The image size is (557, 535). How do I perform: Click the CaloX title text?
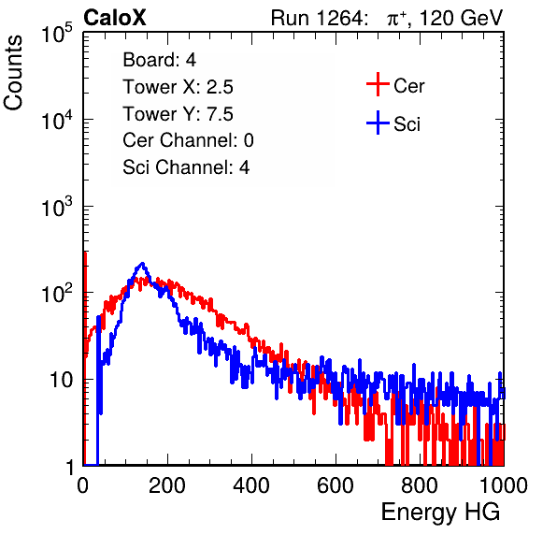(114, 18)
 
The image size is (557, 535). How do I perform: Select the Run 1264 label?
(318, 18)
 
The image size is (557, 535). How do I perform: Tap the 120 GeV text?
(462, 18)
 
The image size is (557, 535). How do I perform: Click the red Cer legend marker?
(378, 84)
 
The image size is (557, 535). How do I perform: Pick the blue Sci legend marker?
(378, 123)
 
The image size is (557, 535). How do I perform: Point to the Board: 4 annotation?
(160, 60)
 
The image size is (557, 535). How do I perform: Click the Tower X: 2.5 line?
(178, 87)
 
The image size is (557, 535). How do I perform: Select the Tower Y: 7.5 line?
(178, 114)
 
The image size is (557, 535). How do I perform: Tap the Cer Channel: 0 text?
(188, 140)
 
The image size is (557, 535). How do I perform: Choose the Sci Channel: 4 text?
(186, 167)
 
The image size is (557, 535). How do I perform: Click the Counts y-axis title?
(13, 73)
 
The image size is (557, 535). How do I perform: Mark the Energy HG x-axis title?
(440, 513)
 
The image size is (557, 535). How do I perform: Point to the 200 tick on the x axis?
(167, 485)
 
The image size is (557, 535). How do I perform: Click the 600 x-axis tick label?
(336, 485)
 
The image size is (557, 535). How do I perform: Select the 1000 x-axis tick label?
(504, 485)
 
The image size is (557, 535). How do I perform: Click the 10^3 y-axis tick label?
(57, 207)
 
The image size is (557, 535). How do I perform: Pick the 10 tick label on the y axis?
(62, 380)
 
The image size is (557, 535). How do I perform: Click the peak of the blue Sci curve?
(142, 264)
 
